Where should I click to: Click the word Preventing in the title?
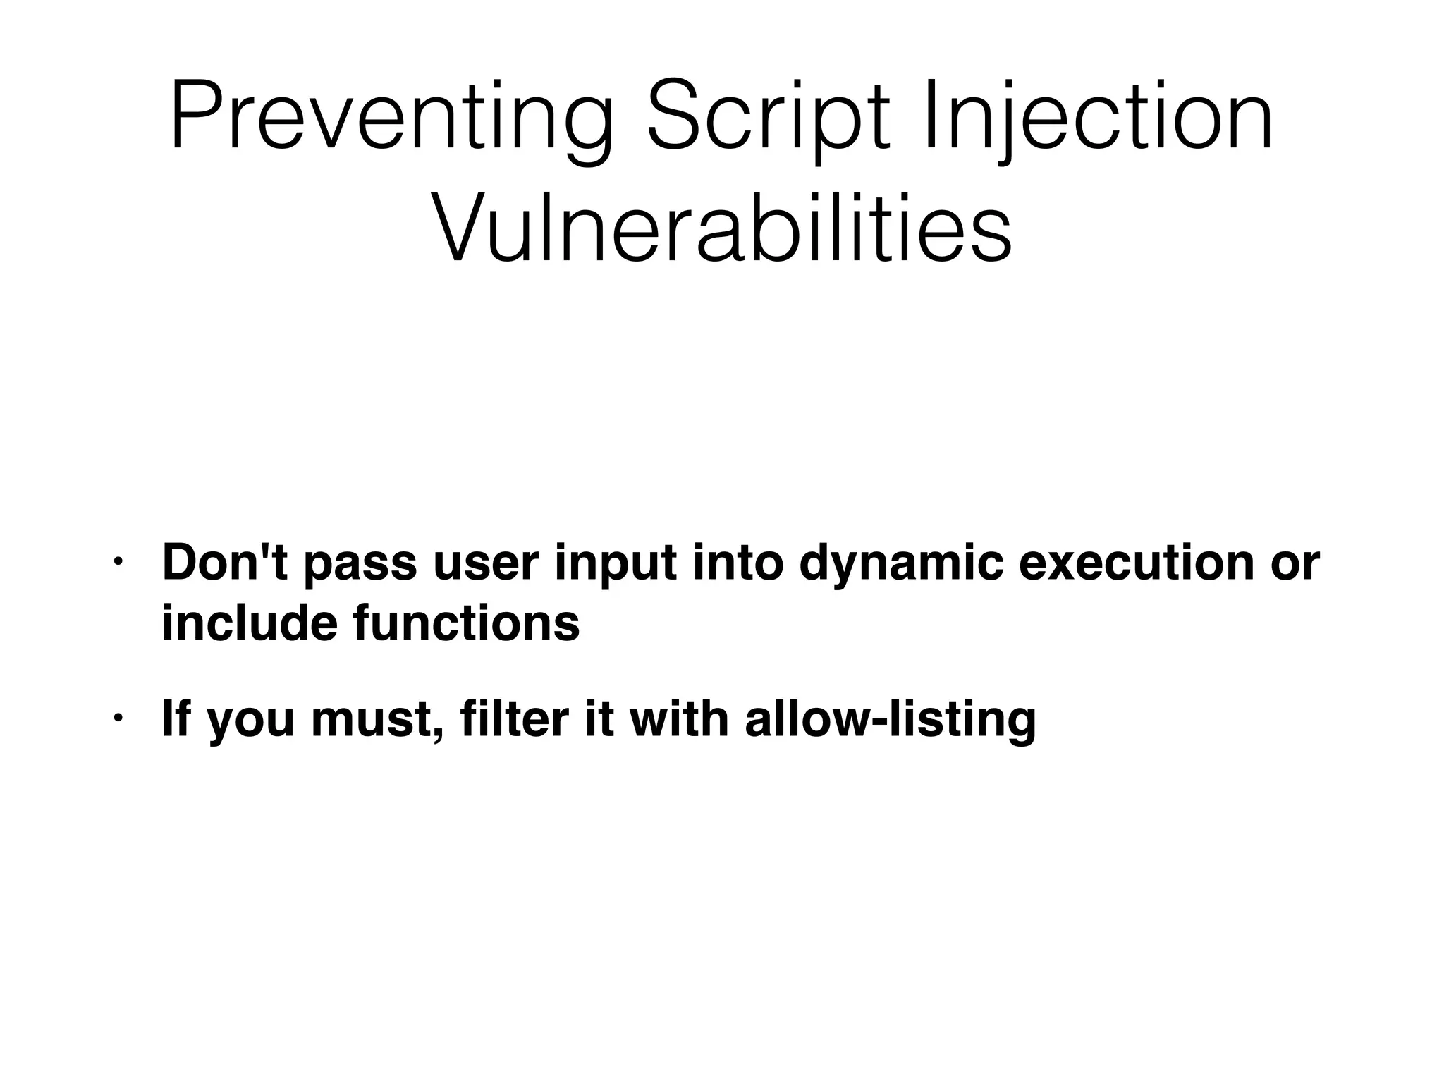[x=392, y=117]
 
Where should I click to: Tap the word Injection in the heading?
[x=1097, y=117]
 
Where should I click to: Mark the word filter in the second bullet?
[x=514, y=718]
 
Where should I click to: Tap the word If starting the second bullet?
[x=175, y=718]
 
